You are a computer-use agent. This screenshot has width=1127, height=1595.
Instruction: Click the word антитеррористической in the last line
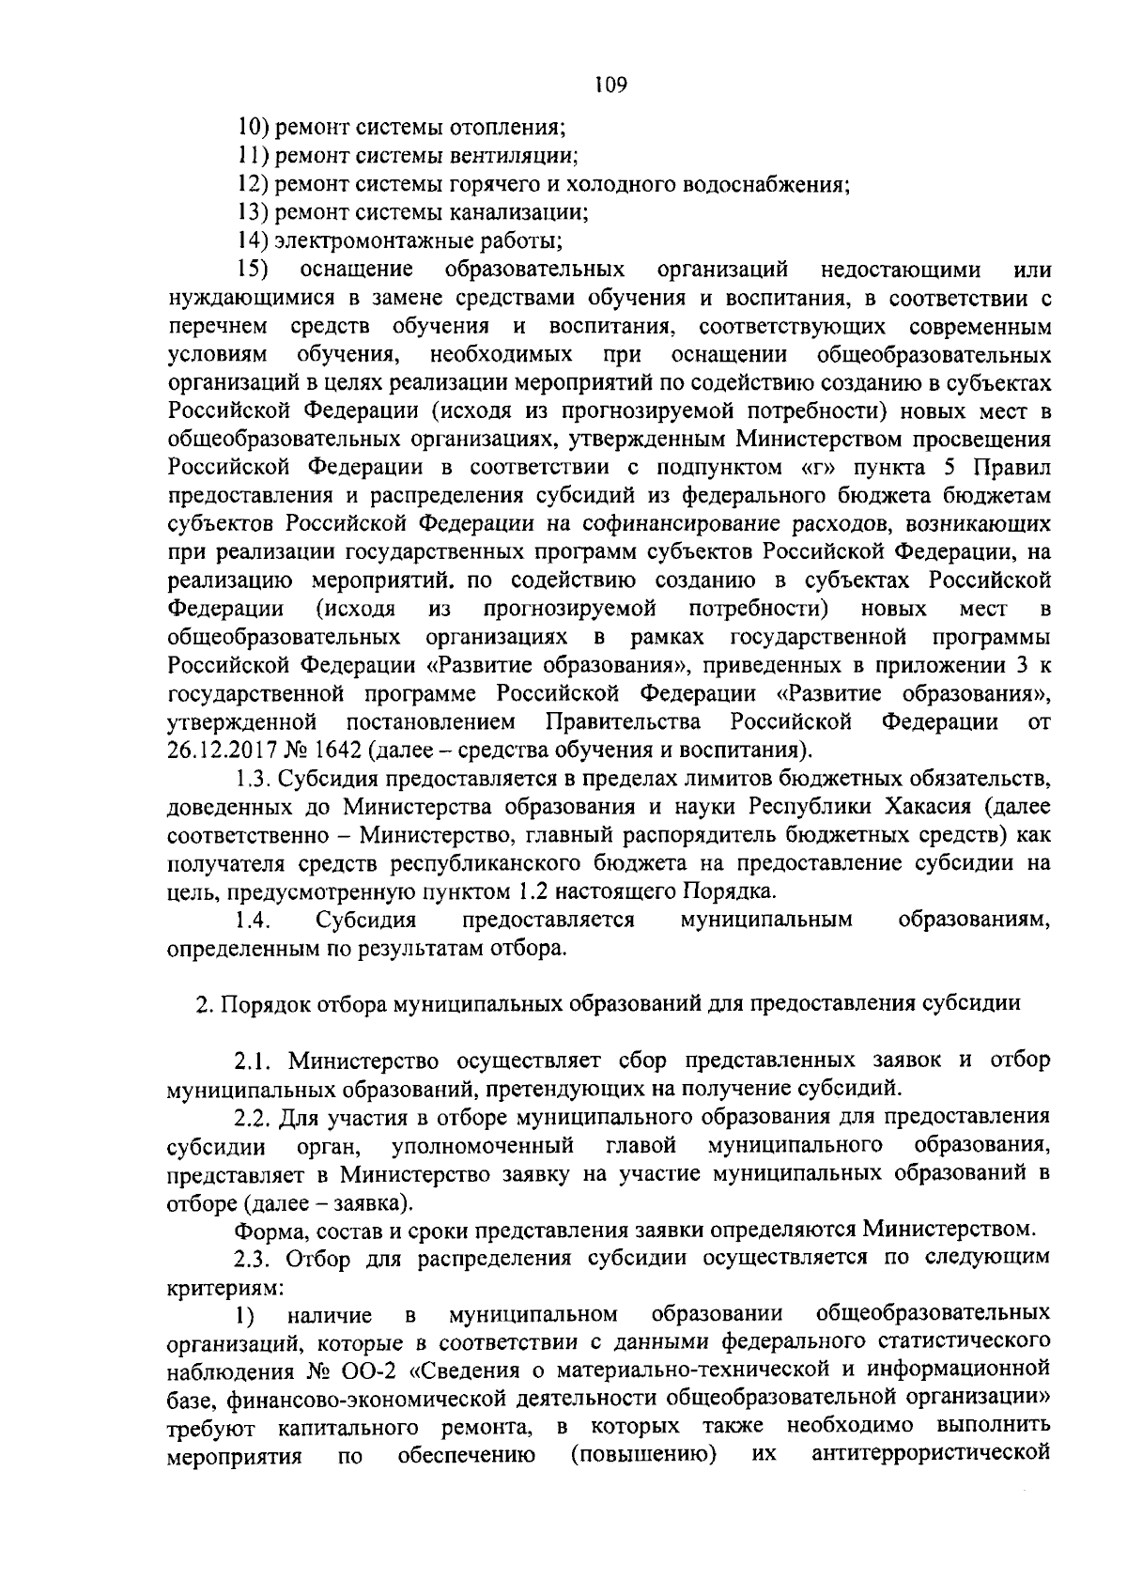click(930, 1456)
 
